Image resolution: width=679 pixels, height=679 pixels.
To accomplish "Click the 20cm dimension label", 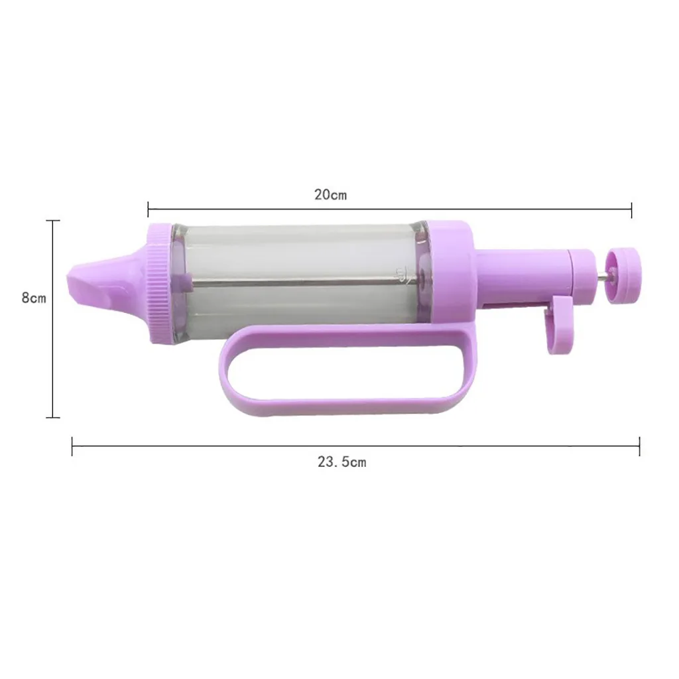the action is tap(330, 195).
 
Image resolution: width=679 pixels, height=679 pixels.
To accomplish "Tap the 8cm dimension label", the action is tap(34, 298).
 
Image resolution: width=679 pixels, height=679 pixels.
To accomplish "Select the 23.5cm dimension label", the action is tap(342, 462).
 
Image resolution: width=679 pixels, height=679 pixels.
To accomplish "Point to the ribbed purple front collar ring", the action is tap(158, 284).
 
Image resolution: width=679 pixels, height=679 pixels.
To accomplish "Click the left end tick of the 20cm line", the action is tap(148, 209).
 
